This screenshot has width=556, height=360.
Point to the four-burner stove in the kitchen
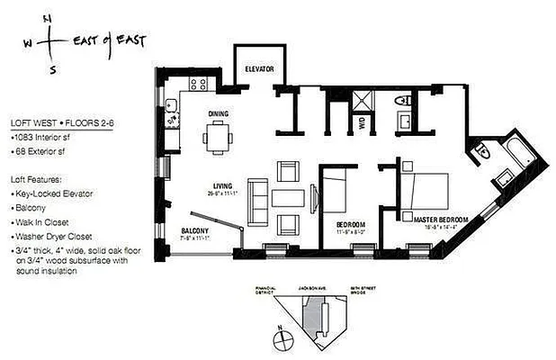click(x=199, y=85)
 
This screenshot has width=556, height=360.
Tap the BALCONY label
click(x=194, y=230)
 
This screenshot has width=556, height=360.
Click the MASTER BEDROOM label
click(x=435, y=217)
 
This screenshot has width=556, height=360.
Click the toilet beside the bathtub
click(x=485, y=149)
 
